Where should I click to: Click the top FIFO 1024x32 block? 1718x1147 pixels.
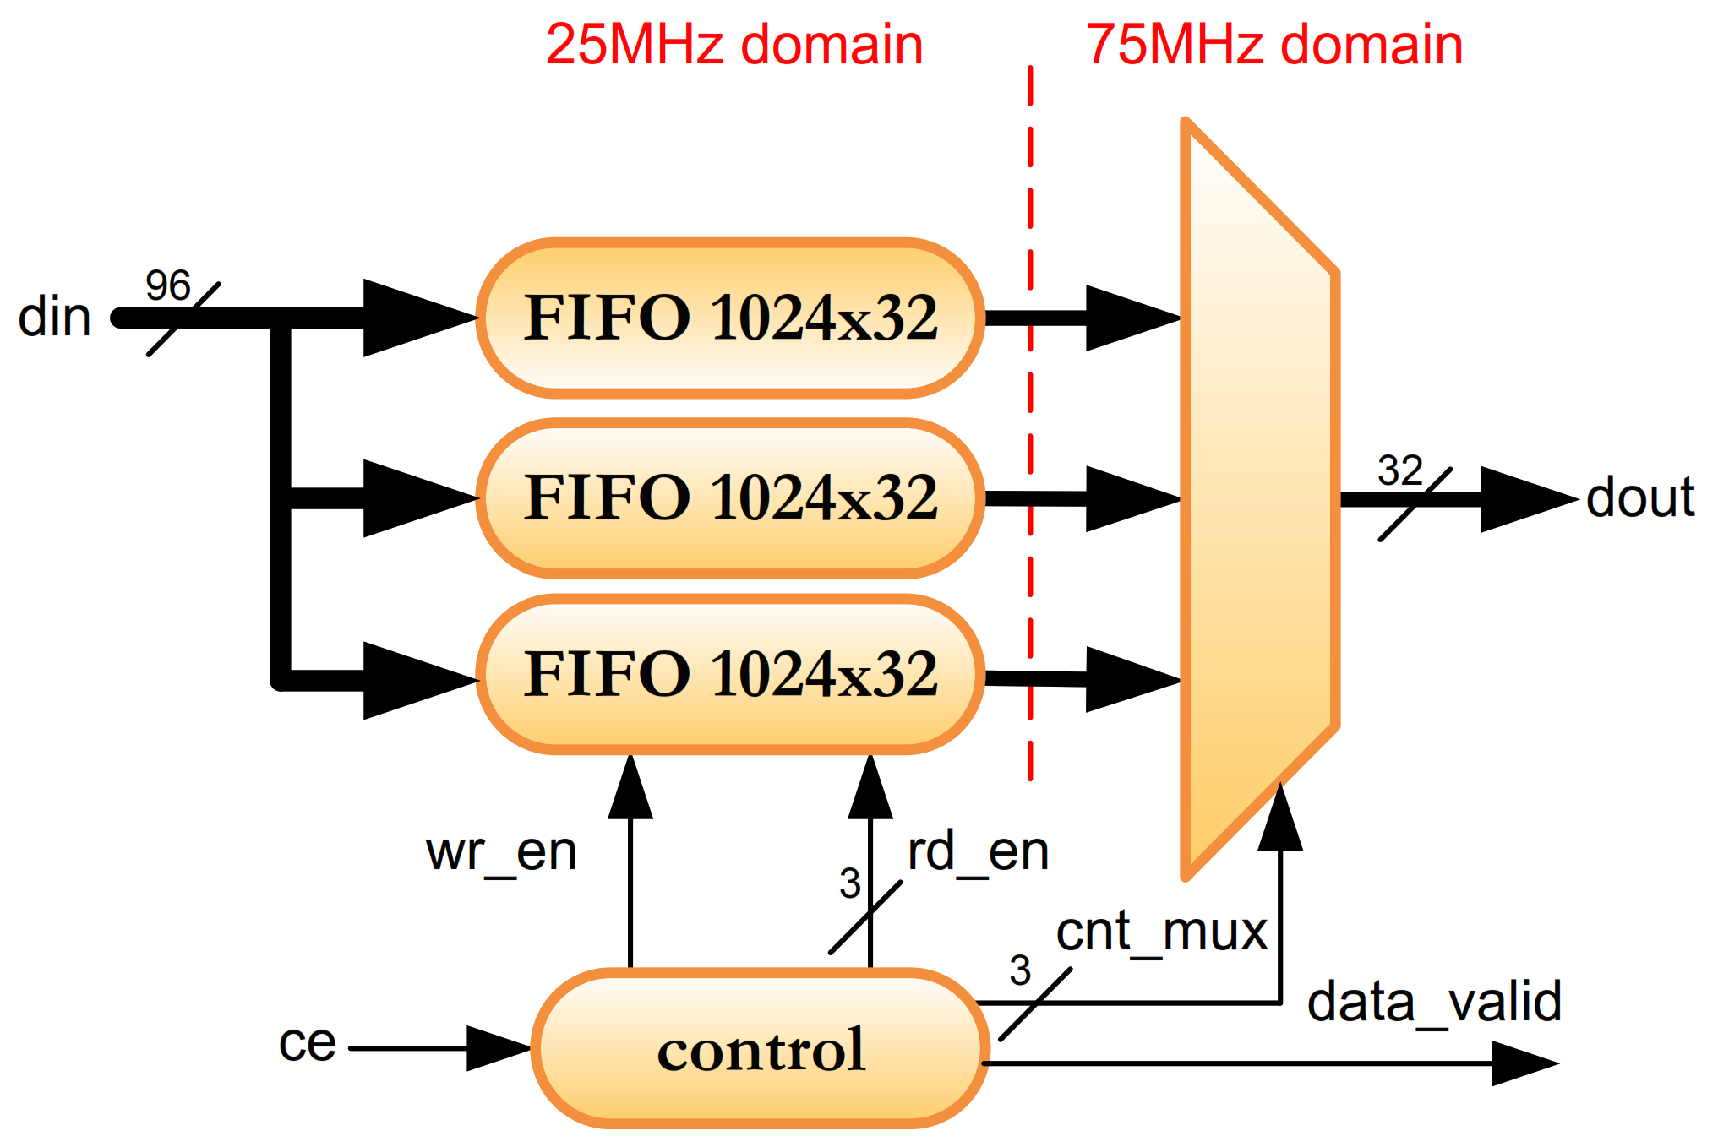point(730,318)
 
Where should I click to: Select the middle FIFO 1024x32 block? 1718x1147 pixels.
point(730,497)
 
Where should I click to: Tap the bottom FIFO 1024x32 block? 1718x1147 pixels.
point(730,674)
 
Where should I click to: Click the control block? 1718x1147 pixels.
point(761,1049)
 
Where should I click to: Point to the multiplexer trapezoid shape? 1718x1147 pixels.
point(1259,498)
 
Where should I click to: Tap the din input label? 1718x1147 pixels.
point(54,318)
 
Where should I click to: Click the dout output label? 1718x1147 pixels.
point(1639,497)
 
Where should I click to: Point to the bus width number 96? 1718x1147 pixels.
point(167,285)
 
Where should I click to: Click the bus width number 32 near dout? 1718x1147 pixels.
point(1400,470)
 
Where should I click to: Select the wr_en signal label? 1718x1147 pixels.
point(501,852)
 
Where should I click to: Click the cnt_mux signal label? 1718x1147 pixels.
point(1161,932)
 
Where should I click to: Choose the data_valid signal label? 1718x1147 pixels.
point(1433,1003)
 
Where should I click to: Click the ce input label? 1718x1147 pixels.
point(308,1043)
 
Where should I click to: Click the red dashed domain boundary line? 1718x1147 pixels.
point(1030,422)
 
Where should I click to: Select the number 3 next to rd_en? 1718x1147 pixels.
point(849,883)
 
